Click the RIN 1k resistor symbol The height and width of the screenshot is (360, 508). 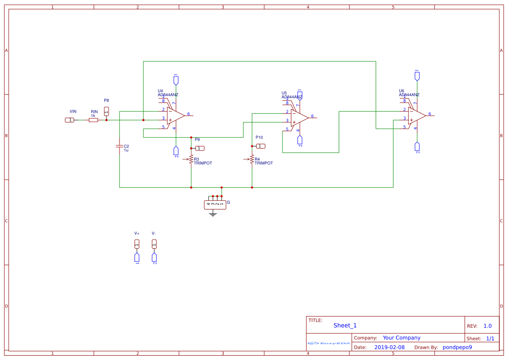93,120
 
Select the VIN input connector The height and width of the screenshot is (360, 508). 70,120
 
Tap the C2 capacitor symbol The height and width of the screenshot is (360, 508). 120,146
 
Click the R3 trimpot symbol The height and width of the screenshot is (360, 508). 191,160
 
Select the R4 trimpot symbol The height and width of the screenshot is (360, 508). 252,160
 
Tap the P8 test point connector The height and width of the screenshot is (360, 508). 106,112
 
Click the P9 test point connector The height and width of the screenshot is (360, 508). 200,148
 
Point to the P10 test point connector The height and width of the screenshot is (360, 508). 260,146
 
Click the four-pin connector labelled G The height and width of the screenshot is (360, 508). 215,204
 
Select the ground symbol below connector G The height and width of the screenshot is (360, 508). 213,214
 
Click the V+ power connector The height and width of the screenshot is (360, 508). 137,244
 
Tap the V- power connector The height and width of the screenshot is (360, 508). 154,244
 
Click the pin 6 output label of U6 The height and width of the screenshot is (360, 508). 430,114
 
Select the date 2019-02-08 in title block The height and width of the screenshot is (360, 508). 389,347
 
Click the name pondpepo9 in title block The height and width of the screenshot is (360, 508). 457,347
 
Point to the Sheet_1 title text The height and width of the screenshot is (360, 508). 345,326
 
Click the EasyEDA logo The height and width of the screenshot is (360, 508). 329,343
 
